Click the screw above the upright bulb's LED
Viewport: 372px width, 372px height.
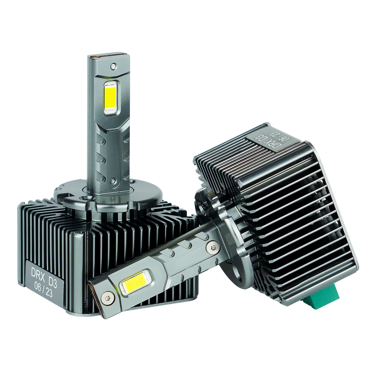[x=113, y=66]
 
